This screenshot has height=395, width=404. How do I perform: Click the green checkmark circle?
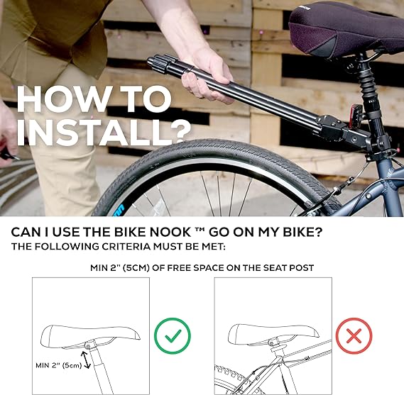pyautogui.click(x=173, y=335)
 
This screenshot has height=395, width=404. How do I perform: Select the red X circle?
pyautogui.click(x=354, y=335)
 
